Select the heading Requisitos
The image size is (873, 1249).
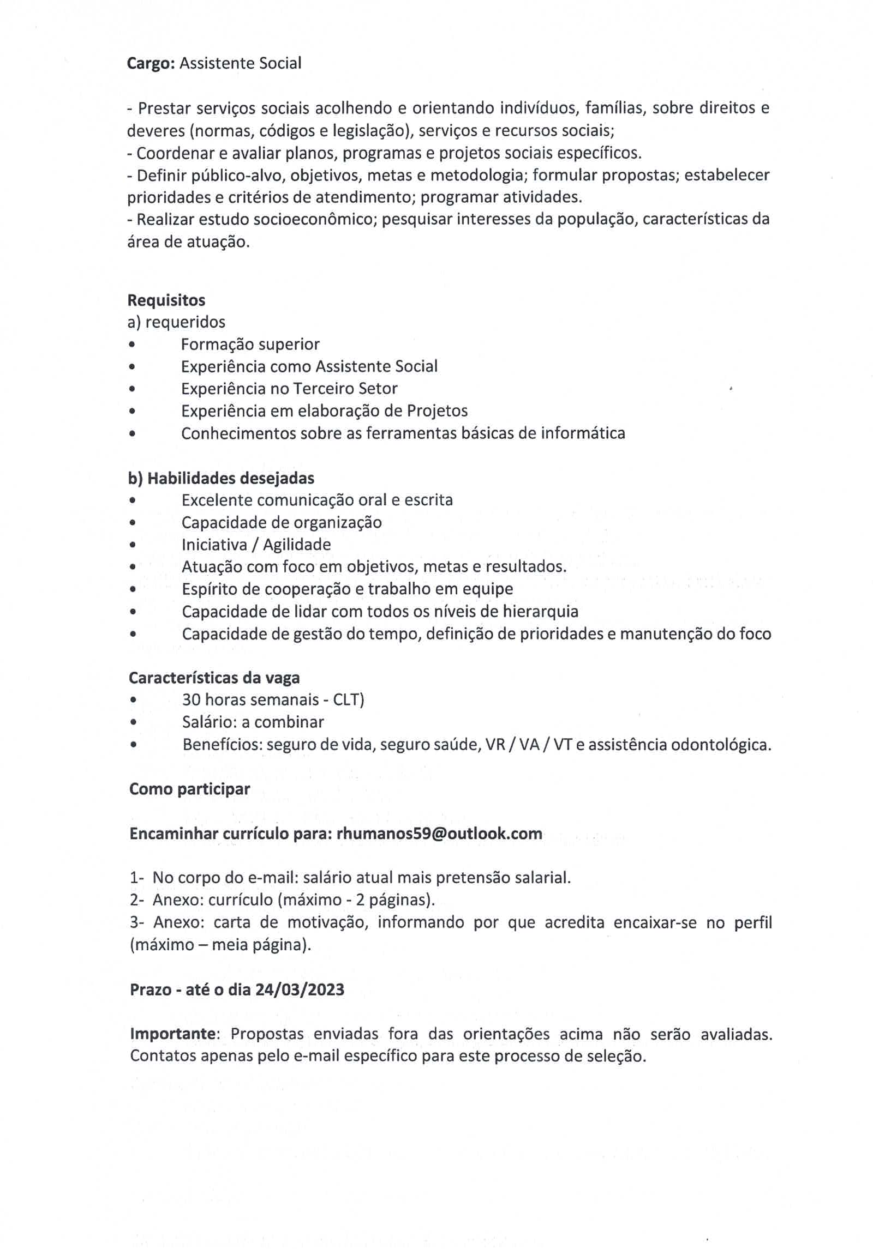(166, 300)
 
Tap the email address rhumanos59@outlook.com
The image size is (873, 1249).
(439, 834)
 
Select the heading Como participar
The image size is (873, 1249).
(189, 789)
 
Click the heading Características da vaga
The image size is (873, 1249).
(214, 678)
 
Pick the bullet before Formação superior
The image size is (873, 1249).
(132, 345)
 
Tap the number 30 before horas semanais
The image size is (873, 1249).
(192, 699)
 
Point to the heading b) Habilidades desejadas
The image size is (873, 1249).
(221, 478)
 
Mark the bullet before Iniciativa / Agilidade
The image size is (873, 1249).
(133, 545)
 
